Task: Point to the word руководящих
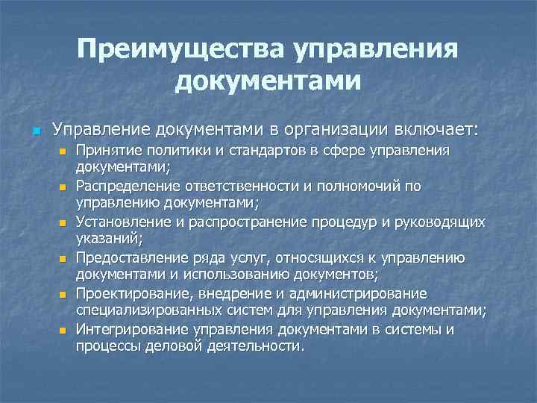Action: point(439,222)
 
